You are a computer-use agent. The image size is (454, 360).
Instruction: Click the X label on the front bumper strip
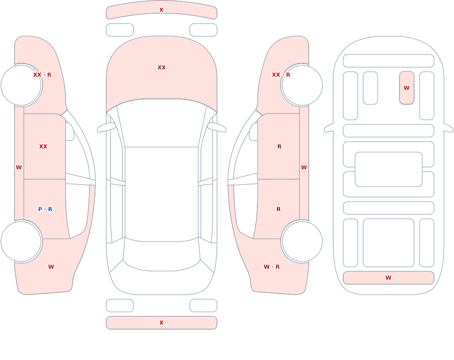[161, 10]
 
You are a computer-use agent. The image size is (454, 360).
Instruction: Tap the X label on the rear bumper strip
[161, 323]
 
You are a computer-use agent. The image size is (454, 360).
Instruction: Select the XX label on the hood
[162, 68]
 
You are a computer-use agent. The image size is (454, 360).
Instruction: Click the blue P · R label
[45, 209]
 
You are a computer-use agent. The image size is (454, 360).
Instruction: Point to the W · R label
[271, 267]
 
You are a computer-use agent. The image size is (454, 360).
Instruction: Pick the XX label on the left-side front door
[43, 147]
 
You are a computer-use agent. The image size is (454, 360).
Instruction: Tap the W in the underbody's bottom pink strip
[388, 278]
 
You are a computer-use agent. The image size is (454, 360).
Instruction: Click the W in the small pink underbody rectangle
[406, 88]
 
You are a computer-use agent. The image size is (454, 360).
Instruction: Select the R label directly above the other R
[279, 147]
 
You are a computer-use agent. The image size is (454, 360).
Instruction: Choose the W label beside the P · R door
[19, 168]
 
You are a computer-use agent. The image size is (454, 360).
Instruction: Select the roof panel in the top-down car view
[162, 194]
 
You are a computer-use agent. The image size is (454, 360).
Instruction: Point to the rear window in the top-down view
[162, 255]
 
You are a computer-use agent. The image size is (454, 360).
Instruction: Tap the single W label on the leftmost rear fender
[51, 267]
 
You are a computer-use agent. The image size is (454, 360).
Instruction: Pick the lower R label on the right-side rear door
[279, 209]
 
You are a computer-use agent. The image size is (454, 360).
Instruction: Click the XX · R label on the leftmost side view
[42, 75]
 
